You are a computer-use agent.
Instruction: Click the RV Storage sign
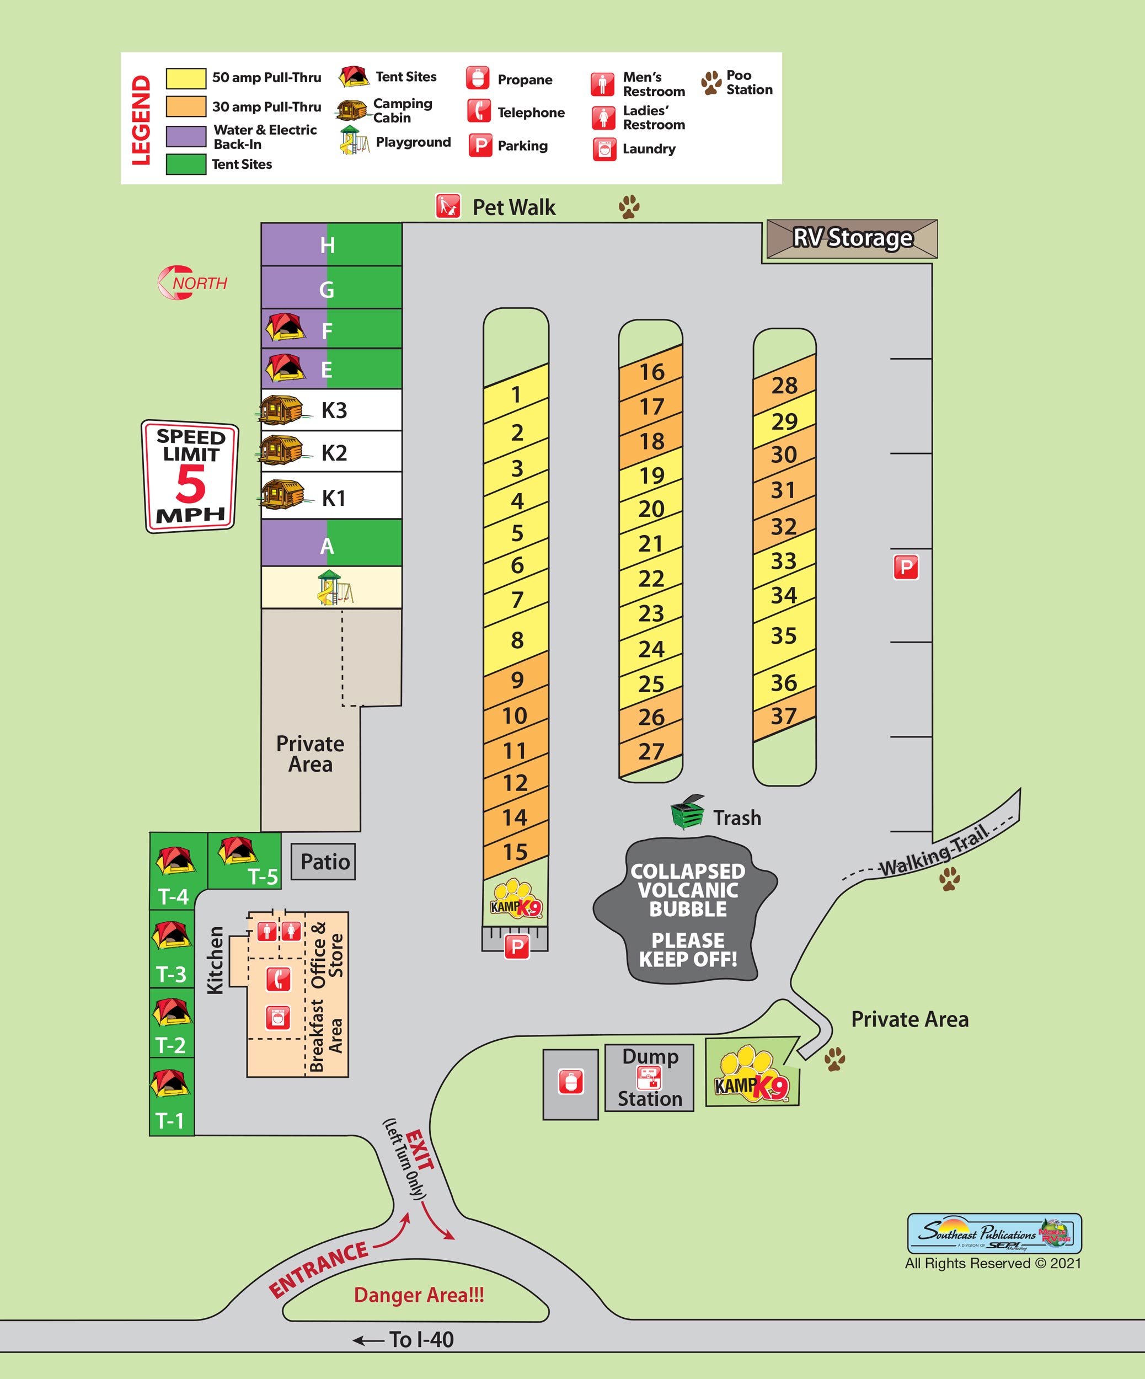[x=852, y=238]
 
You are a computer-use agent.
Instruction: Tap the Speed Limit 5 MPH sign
[x=190, y=476]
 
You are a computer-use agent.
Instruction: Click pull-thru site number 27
[x=651, y=751]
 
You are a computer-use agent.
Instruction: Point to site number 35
[x=783, y=635]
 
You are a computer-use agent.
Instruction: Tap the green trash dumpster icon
[x=687, y=813]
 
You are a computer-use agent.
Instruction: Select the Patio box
[x=324, y=862]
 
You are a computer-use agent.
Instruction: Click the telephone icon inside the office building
[x=279, y=979]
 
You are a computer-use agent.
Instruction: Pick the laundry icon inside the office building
[x=278, y=1018]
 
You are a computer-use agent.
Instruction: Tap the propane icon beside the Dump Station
[x=570, y=1082]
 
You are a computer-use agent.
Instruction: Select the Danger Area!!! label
[x=419, y=1295]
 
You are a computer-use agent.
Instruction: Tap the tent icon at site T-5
[x=237, y=851]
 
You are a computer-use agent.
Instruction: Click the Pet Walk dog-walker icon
[x=448, y=206]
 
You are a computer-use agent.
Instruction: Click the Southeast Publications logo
[x=994, y=1233]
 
